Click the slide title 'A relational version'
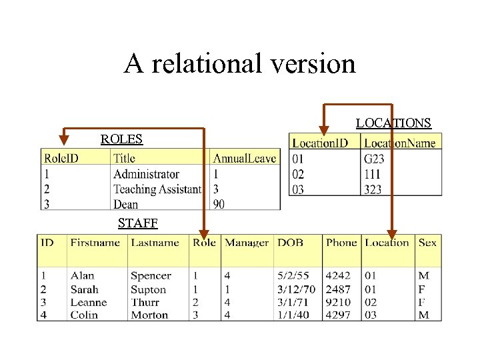[x=239, y=64]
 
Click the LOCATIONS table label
[x=393, y=123]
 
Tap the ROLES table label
[x=121, y=139]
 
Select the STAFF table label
[x=137, y=223]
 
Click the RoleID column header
[x=61, y=158]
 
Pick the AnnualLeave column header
[x=244, y=158]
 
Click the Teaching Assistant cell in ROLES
[x=157, y=189]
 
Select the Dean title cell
[x=125, y=204]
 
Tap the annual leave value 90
[x=219, y=204]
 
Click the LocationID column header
[x=320, y=143]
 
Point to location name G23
[x=374, y=159]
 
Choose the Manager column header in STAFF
[x=247, y=243]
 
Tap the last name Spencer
[x=151, y=276]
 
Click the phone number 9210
[x=338, y=302]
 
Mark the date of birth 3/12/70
[x=295, y=289]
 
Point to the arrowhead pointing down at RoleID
[x=63, y=140]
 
